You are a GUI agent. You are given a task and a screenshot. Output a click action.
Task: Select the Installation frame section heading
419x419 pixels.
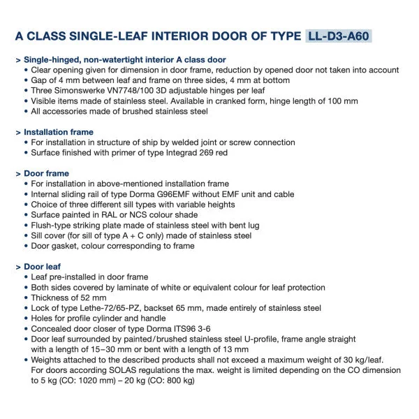[x=59, y=132]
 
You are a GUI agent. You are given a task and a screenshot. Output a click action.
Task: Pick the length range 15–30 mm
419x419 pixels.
[x=98, y=349]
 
